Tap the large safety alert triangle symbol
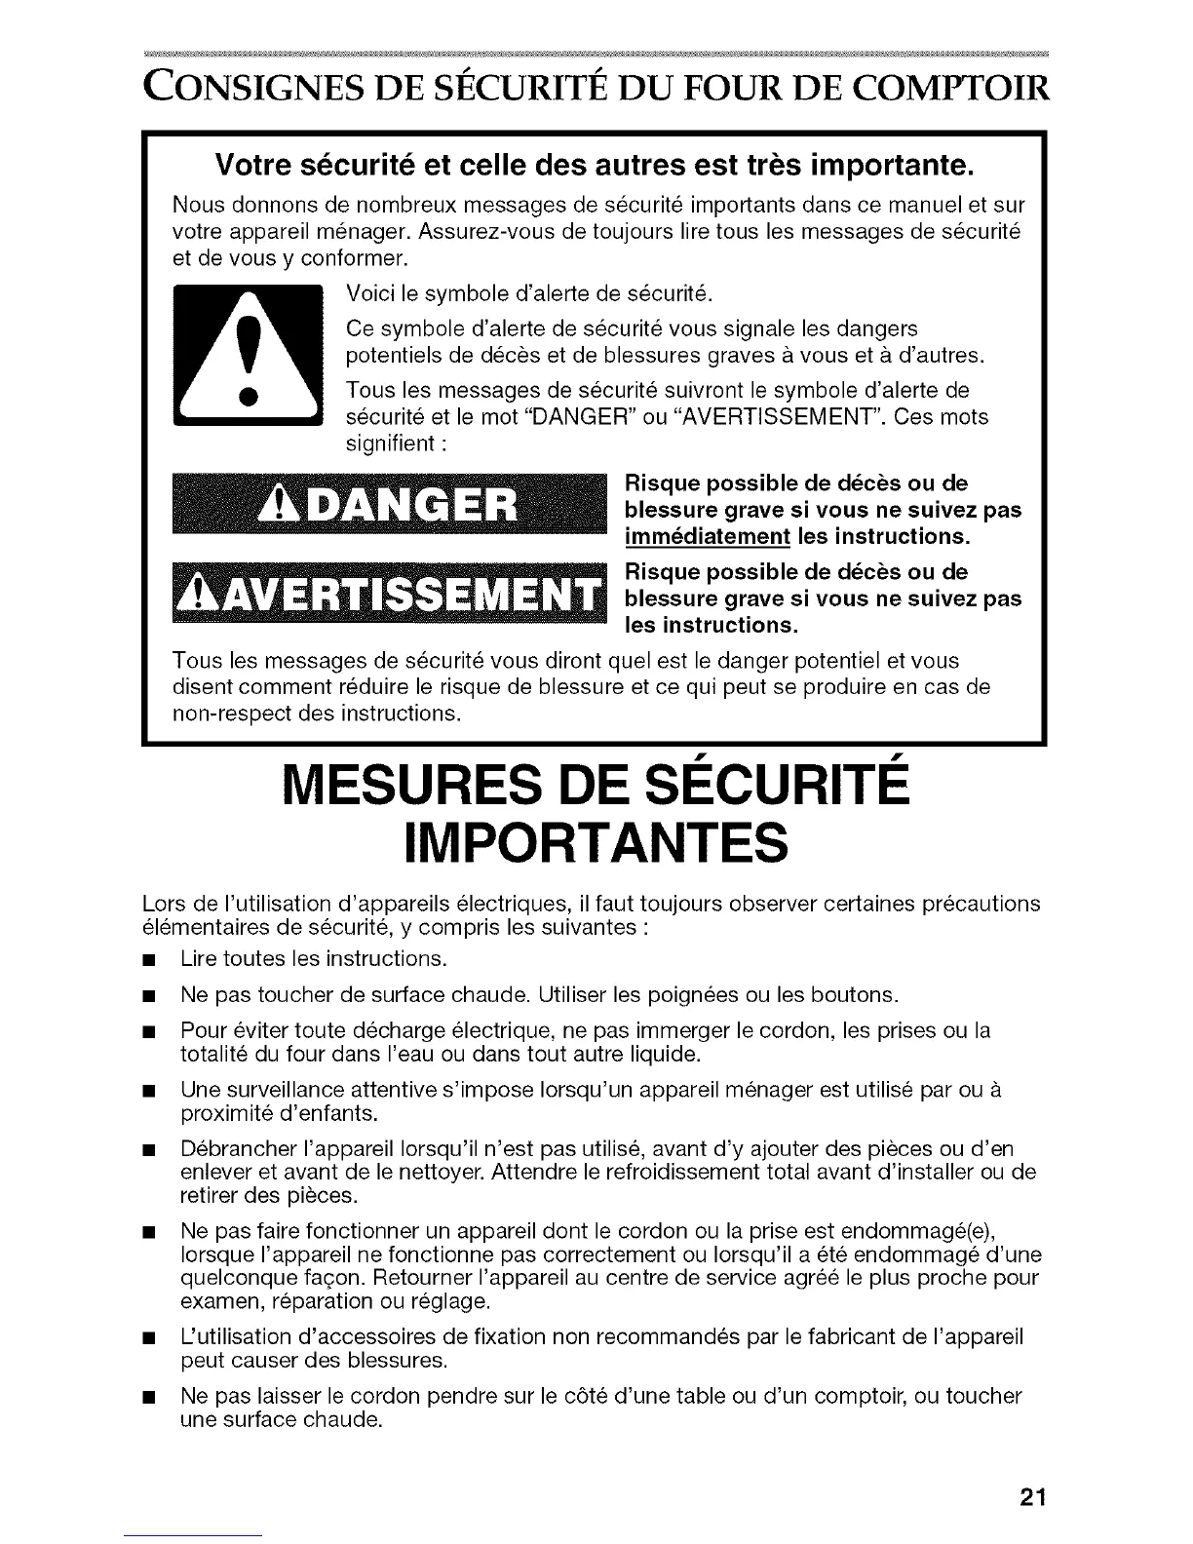(247, 356)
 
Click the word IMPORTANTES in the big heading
(596, 842)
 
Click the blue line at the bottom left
(194, 1536)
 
